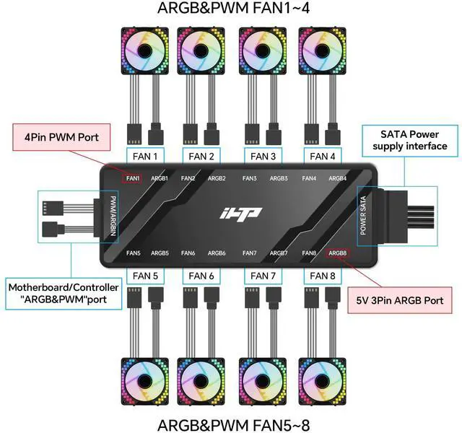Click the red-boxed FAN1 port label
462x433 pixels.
click(133, 178)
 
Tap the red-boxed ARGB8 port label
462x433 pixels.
click(338, 253)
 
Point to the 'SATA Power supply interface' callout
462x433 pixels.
click(409, 140)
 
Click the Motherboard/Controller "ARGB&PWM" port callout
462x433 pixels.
click(64, 292)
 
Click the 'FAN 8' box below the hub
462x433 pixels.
click(323, 276)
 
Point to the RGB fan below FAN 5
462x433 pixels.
click(144, 380)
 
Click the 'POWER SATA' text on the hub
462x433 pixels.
click(363, 215)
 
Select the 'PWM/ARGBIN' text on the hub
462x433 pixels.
click(113, 214)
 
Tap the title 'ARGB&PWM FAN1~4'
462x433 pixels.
click(231, 9)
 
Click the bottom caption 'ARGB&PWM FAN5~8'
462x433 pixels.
click(231, 423)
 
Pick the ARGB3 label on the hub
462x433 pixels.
click(279, 178)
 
